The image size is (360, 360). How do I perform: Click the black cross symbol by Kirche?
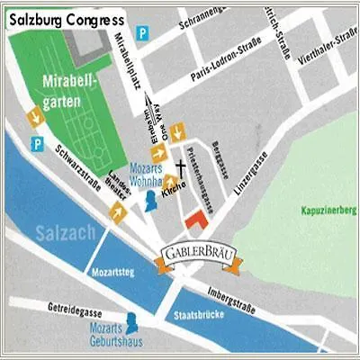click(181, 167)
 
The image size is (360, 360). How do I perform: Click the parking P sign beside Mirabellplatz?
click(142, 33)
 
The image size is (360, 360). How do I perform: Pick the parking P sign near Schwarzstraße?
click(38, 144)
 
